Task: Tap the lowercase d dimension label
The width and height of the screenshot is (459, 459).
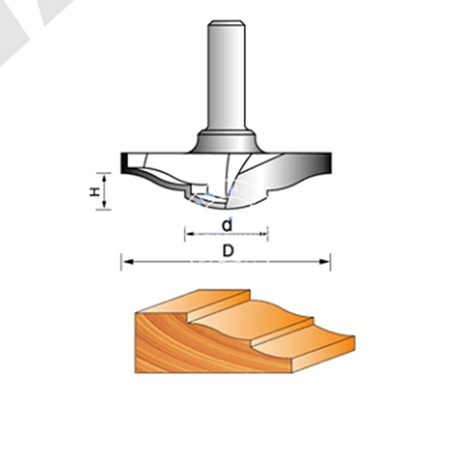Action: click(227, 225)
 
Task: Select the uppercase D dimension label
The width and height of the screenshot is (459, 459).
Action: click(228, 251)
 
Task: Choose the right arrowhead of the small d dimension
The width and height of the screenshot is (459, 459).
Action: click(264, 234)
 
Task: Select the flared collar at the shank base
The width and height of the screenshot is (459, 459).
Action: click(225, 141)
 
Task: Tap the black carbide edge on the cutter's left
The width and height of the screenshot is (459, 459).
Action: click(124, 164)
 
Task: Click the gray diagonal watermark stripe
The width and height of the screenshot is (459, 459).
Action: click(23, 29)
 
